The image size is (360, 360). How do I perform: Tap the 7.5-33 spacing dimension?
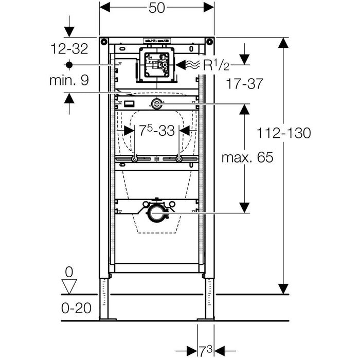pos(156,131)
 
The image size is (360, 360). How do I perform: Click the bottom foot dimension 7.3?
pos(206,351)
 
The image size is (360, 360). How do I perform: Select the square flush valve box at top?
pos(156,65)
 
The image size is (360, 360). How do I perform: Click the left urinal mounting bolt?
pos(134,159)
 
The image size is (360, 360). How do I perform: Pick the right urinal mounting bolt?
pos(178,159)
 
